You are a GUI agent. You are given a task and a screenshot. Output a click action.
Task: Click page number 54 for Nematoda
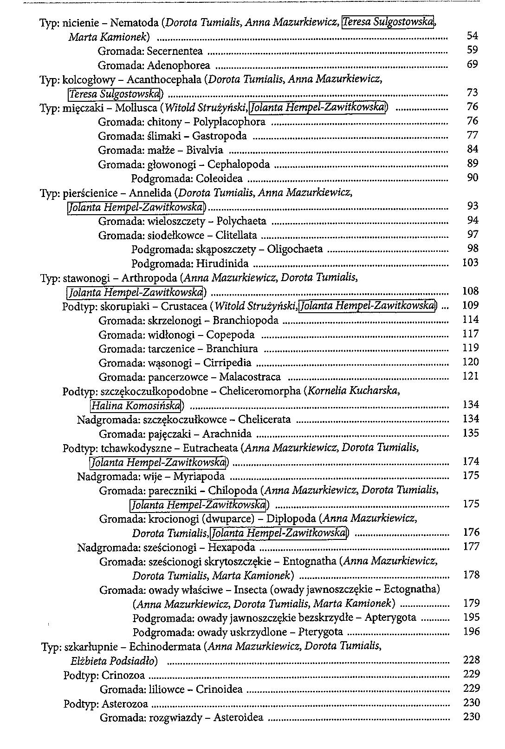pos(472,36)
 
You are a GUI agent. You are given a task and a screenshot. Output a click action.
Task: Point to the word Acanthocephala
pos(164,79)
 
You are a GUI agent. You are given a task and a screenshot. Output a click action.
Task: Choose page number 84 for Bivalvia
pos(472,150)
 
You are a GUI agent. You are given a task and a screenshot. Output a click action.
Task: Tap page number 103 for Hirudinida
pos(471,263)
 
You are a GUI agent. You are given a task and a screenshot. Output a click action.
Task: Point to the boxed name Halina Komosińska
pos(135,406)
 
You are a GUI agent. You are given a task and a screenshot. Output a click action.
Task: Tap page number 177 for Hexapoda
pos(471,546)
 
